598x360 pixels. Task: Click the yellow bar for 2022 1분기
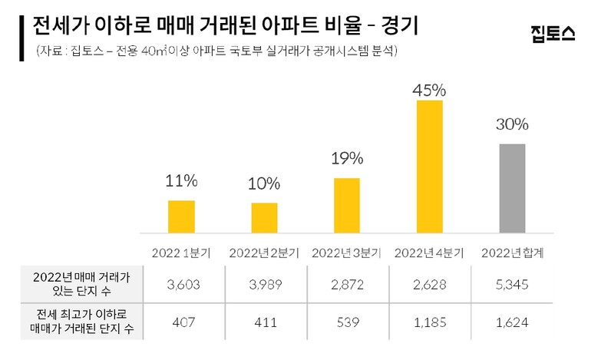pyautogui.click(x=181, y=216)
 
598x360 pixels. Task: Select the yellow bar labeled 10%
pyautogui.click(x=264, y=217)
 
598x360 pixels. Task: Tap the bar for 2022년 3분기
pyautogui.click(x=347, y=205)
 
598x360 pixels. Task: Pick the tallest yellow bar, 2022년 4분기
pyautogui.click(x=430, y=166)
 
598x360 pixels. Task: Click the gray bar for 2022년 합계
pyautogui.click(x=513, y=187)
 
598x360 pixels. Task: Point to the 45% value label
pyautogui.click(x=430, y=90)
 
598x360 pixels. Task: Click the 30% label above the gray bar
pyautogui.click(x=513, y=125)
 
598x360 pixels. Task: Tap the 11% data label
pyautogui.click(x=182, y=182)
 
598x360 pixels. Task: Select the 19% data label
pyautogui.click(x=347, y=160)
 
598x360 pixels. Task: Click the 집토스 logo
pyautogui.click(x=553, y=33)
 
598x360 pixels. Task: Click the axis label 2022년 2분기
pyautogui.click(x=265, y=253)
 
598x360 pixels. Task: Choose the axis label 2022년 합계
pyautogui.click(x=513, y=253)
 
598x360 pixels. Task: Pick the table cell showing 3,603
pyautogui.click(x=182, y=285)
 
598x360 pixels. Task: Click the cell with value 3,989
pyautogui.click(x=265, y=285)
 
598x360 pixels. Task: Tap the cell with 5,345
pyautogui.click(x=513, y=285)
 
